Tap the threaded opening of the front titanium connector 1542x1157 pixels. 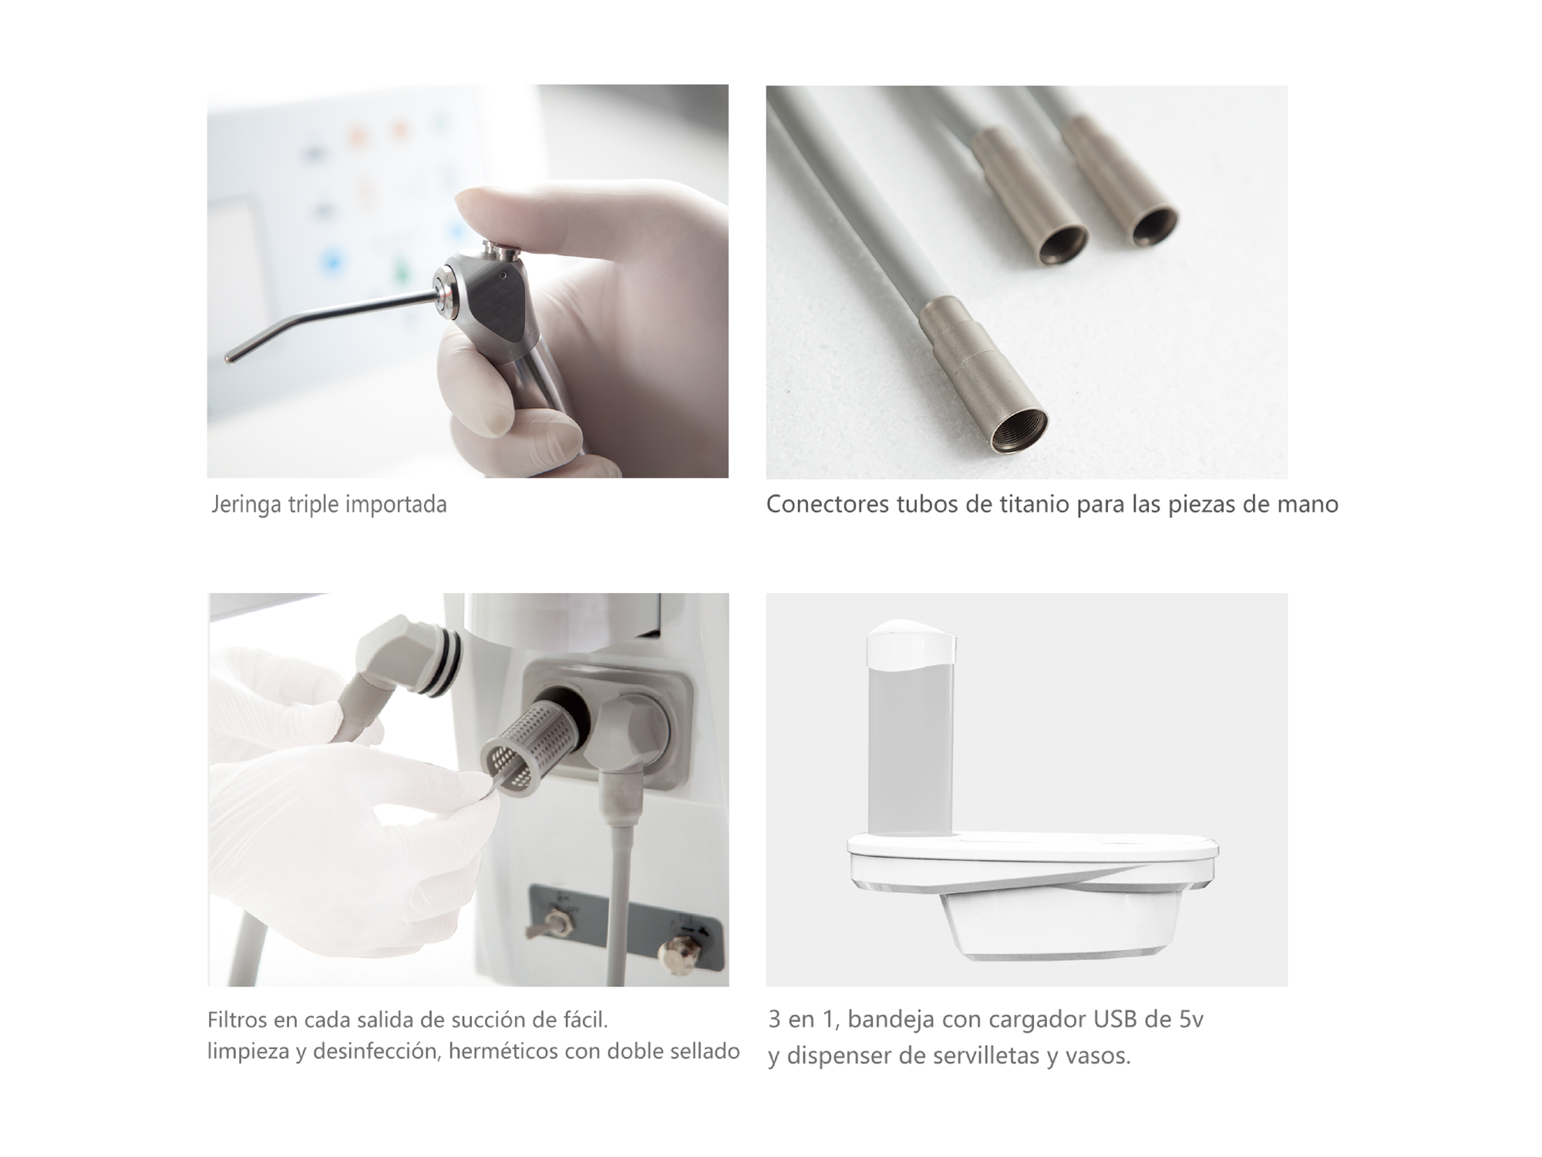tap(1018, 432)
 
